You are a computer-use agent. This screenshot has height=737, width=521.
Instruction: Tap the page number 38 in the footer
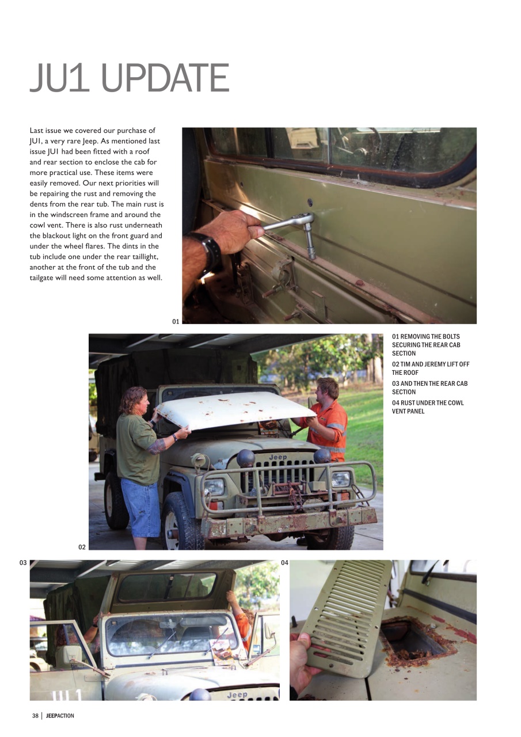35,716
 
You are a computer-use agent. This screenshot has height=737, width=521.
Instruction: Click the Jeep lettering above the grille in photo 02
277,457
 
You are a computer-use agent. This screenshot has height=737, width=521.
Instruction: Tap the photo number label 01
176,321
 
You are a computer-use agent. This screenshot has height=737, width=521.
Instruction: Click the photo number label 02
82,547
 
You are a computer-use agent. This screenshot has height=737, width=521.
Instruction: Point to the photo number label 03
23,563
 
